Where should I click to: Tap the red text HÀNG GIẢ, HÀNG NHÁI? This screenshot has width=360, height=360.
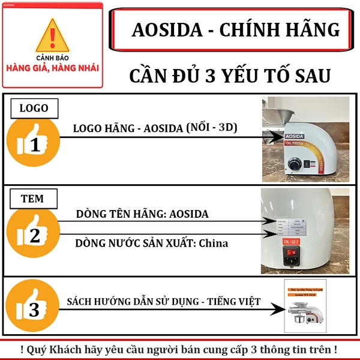[x=53, y=67]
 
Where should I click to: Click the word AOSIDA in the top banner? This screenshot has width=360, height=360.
[x=166, y=29]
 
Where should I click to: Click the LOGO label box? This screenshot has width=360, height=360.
[x=34, y=109]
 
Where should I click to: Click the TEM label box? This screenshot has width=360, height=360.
[x=34, y=199]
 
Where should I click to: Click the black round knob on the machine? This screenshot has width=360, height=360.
[x=295, y=164]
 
